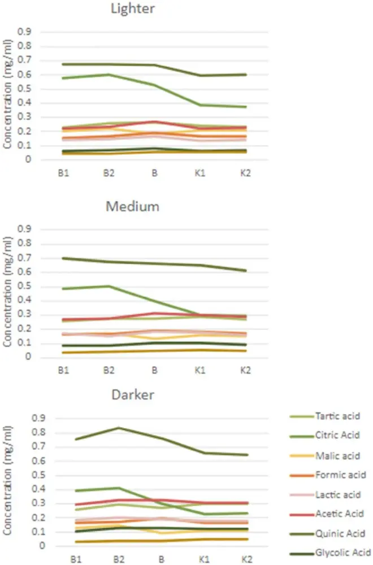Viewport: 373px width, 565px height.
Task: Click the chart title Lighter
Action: tap(133, 9)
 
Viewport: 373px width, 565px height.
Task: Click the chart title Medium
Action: tap(133, 206)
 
